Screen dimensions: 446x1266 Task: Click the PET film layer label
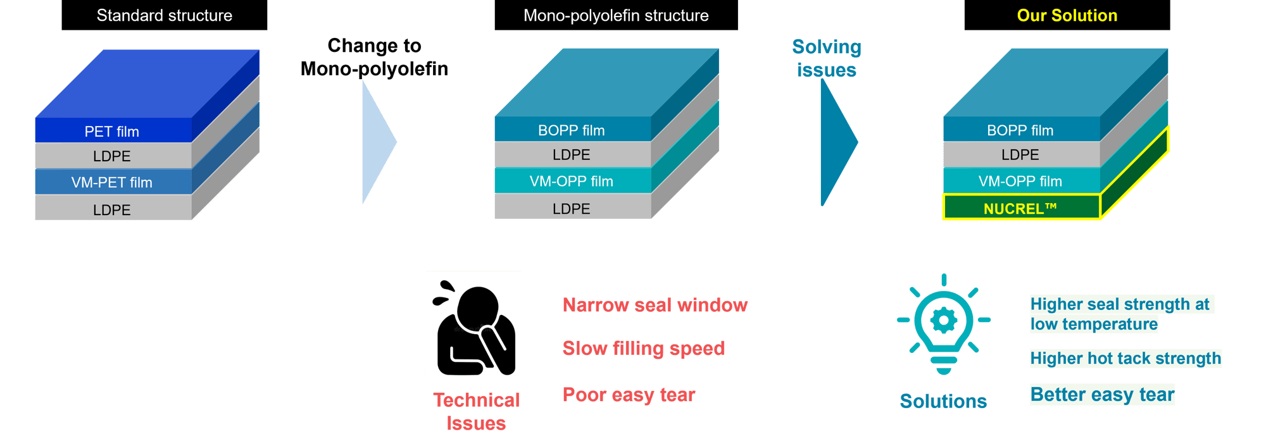click(x=112, y=132)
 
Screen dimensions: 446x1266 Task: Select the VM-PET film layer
click(x=112, y=182)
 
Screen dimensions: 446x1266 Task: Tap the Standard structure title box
click(x=164, y=15)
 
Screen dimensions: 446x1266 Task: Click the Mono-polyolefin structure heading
click(x=615, y=15)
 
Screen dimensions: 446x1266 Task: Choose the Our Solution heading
click(x=1067, y=15)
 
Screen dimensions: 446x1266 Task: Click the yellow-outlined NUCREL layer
click(x=1020, y=208)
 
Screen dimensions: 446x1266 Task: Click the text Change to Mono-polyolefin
click(x=374, y=57)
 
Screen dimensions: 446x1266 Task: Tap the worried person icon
click(x=473, y=323)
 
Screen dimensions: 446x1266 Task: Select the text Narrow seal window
click(x=655, y=305)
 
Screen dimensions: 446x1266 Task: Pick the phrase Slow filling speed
click(x=643, y=348)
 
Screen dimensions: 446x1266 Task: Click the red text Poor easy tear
click(x=629, y=395)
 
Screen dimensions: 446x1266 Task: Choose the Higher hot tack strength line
click(x=1125, y=358)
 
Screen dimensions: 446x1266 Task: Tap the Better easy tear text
click(x=1102, y=394)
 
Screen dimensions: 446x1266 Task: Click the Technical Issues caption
click(x=476, y=411)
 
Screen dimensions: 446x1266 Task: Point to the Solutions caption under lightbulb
click(x=943, y=401)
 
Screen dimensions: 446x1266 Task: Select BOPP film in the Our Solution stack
click(x=1020, y=130)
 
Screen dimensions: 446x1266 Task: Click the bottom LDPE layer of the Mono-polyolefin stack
click(x=571, y=209)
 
